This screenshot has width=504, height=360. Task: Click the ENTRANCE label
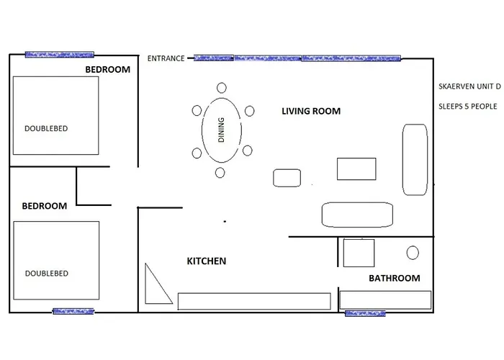166,58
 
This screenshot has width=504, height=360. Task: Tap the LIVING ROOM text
310,112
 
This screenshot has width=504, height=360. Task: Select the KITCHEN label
207,261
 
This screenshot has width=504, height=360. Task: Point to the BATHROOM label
394,278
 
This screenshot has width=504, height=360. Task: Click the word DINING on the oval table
221,130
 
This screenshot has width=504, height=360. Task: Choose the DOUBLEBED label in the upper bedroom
46,128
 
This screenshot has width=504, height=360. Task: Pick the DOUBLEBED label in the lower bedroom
46,274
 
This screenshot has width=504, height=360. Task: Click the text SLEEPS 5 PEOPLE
467,107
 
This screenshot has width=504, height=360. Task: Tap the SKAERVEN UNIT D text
469,86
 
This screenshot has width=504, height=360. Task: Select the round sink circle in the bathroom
413,253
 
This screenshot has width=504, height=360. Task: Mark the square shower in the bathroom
359,253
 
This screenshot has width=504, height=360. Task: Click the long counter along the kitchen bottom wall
255,301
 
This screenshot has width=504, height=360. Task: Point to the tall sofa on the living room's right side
415,159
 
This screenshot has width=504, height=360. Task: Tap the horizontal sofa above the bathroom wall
356,214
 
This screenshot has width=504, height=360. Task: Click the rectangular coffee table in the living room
356,168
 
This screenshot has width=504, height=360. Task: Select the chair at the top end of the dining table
221,88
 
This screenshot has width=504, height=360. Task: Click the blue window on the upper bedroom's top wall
60,54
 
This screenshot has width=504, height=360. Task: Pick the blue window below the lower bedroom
73,312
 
